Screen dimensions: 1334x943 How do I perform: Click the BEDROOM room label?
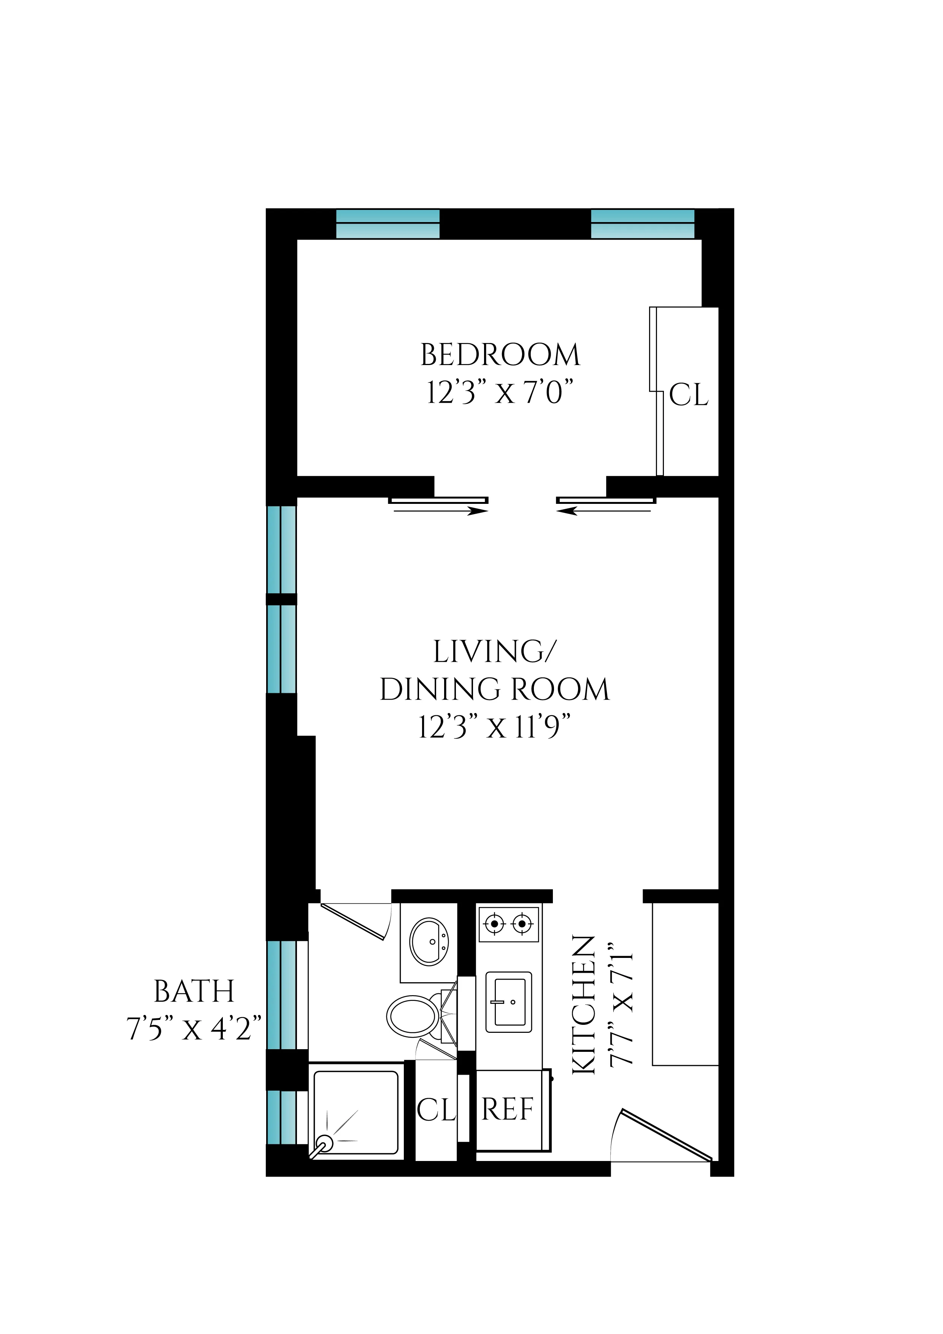500,355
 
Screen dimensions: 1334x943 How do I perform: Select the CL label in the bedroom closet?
689,395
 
